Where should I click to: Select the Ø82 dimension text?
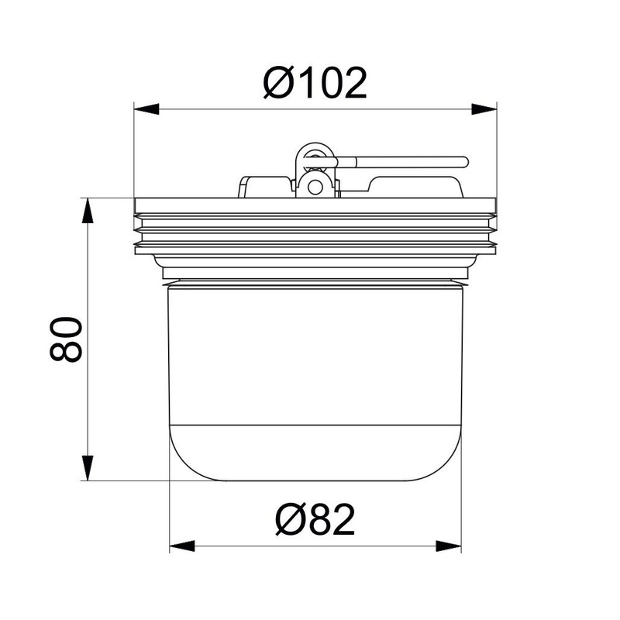315,520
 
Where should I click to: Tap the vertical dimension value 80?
66,339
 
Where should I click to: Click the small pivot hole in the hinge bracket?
314,185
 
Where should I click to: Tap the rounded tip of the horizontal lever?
464,162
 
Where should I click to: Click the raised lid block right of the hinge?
415,186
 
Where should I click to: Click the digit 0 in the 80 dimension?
66,326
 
